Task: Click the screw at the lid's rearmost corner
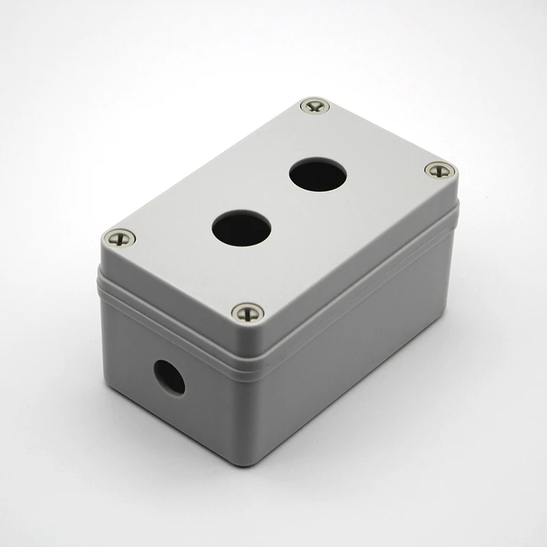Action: [x=315, y=107]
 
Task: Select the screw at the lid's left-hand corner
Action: [x=118, y=238]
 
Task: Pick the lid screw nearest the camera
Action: [x=248, y=312]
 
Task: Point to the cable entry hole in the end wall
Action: [x=169, y=377]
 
